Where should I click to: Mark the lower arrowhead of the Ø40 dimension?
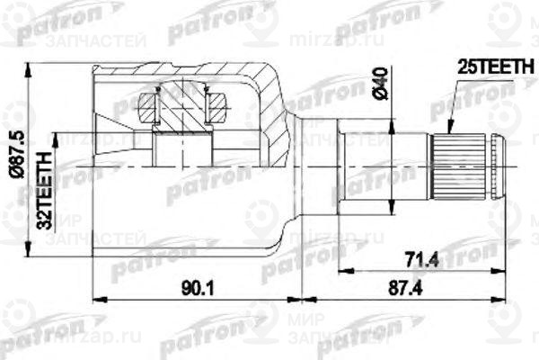[x=393, y=212]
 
